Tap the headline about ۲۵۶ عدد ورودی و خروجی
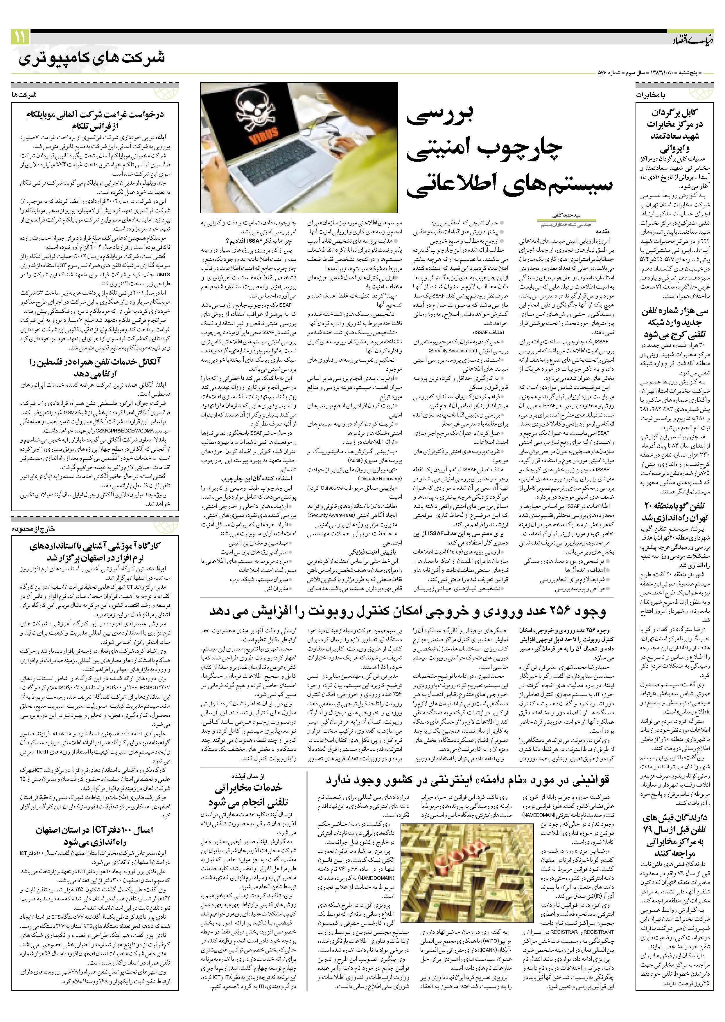click(407, 612)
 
